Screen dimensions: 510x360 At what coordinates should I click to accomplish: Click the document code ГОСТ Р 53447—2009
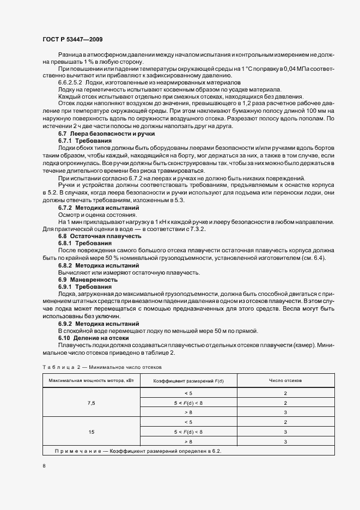(72, 40)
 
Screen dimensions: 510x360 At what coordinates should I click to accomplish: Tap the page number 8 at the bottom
(44, 466)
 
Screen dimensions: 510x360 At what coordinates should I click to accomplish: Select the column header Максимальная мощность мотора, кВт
(91, 380)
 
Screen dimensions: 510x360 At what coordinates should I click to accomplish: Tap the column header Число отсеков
(285, 380)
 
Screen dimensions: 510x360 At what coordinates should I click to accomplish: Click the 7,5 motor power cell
(91, 403)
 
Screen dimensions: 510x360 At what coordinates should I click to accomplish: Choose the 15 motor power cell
(91, 432)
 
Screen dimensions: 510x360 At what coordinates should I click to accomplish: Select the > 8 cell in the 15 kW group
(188, 441)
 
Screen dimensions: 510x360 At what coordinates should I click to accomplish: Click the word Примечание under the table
(77, 451)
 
